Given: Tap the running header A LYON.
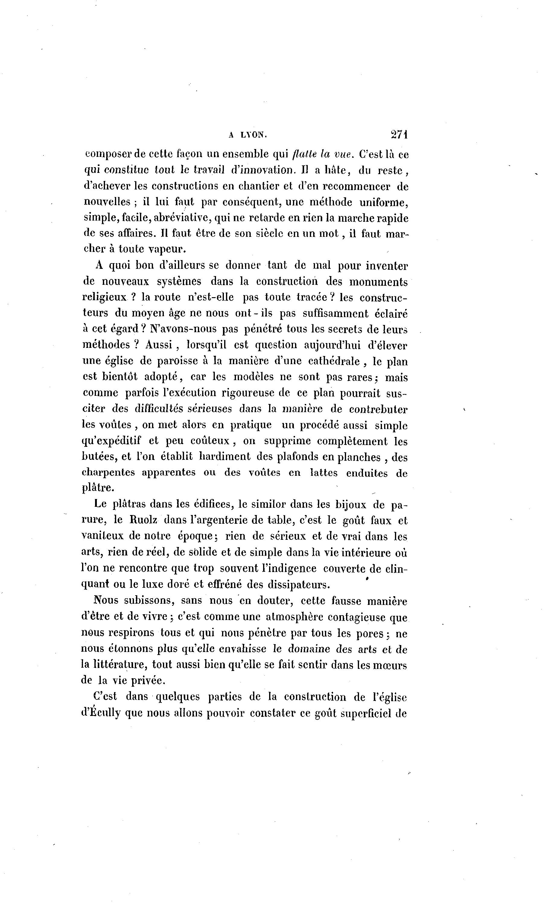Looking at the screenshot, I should tap(248, 135).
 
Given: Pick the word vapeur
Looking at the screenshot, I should tap(167, 249).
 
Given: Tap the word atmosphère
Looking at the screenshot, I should tap(294, 616).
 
